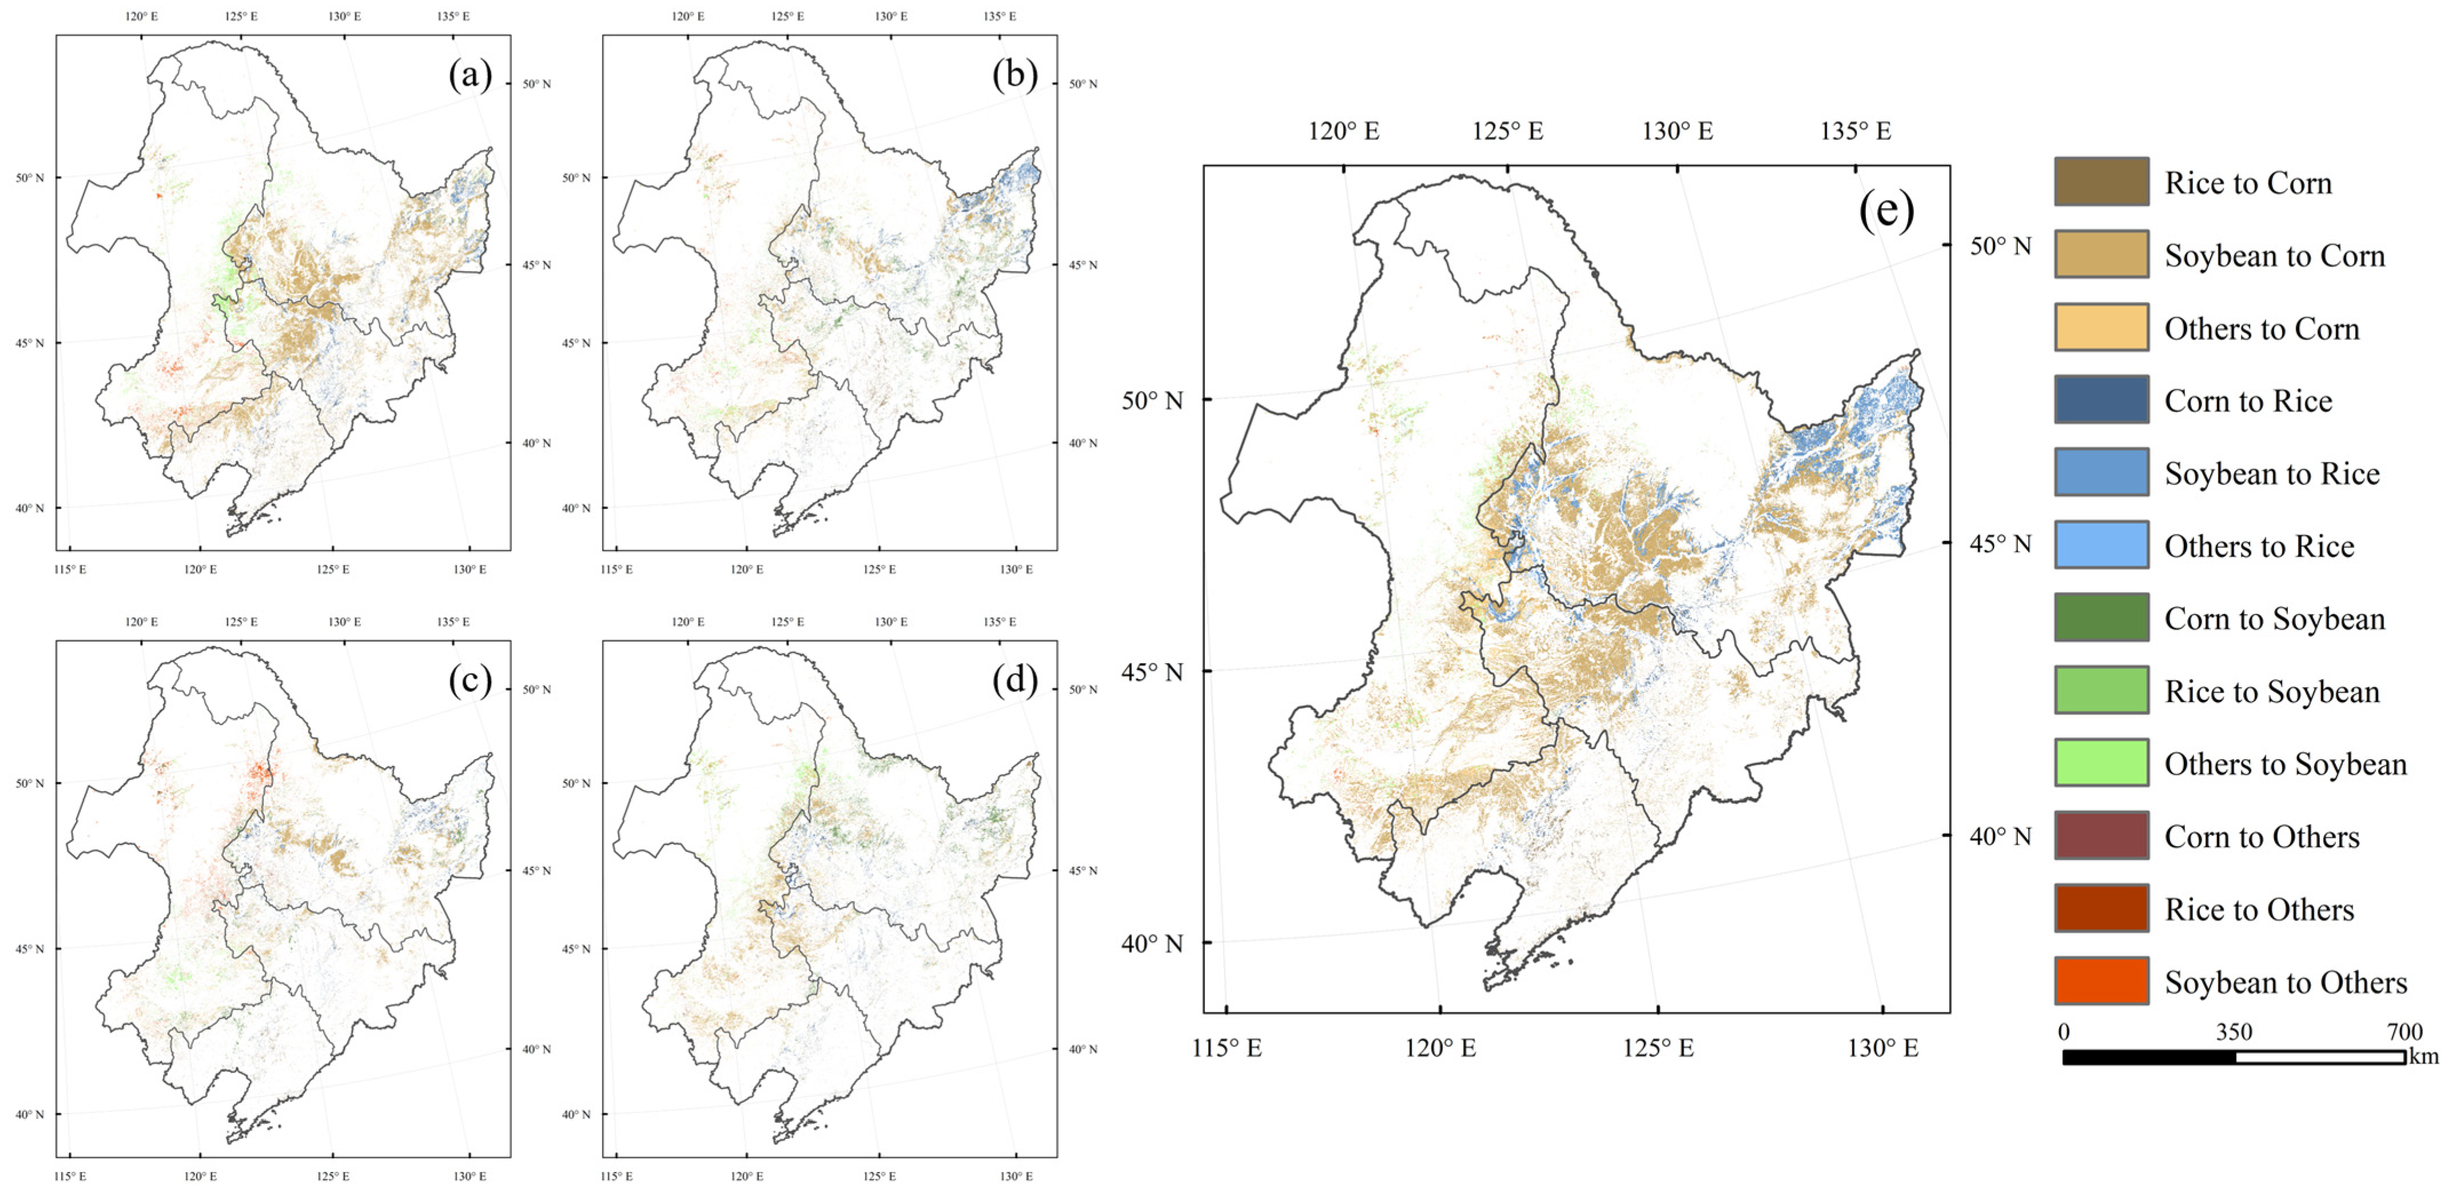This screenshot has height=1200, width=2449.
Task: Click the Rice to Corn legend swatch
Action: (2100, 182)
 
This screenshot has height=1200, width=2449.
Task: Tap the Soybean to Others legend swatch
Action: (2100, 980)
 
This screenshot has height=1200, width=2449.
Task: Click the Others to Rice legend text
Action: (2259, 546)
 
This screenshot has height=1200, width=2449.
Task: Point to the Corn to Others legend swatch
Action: (2100, 835)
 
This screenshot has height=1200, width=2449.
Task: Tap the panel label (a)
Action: (470, 74)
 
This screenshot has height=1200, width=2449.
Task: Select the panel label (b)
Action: (1014, 74)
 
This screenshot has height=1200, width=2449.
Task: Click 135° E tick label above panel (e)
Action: (1855, 131)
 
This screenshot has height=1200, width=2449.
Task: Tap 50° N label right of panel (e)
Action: (2000, 246)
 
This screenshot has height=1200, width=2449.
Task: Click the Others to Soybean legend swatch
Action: (2100, 763)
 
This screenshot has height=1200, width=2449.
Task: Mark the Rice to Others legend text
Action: (2259, 909)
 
